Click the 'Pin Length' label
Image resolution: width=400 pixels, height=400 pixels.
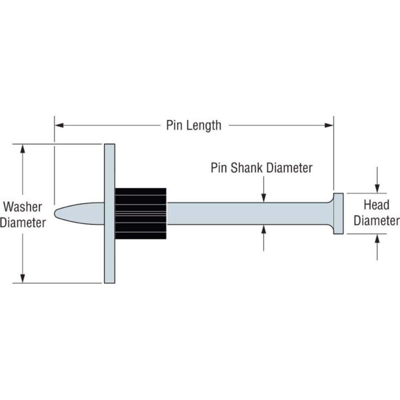pyautogui.click(x=193, y=125)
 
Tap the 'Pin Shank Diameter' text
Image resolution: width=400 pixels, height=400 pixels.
pyautogui.click(x=261, y=168)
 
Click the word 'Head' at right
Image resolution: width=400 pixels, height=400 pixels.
pyautogui.click(x=376, y=205)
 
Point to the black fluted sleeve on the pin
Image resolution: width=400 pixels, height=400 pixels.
pyautogui.click(x=141, y=213)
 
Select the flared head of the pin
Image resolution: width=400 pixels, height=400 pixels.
pyautogui.click(x=337, y=213)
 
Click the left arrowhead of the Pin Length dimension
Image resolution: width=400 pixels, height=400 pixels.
pyautogui.click(x=58, y=125)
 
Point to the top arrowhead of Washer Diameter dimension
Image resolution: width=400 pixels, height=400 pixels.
pyautogui.click(x=24, y=148)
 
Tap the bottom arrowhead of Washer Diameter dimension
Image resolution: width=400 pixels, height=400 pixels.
pyautogui.click(x=24, y=278)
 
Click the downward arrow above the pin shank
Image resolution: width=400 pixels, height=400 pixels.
pyautogui.click(x=264, y=197)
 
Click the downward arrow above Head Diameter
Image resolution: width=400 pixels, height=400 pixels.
pyautogui.click(x=377, y=189)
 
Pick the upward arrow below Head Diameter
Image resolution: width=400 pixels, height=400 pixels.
pyautogui.click(x=377, y=238)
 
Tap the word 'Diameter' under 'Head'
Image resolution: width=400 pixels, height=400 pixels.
pyautogui.click(x=376, y=221)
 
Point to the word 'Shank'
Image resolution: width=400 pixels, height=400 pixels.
pyautogui.click(x=247, y=168)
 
